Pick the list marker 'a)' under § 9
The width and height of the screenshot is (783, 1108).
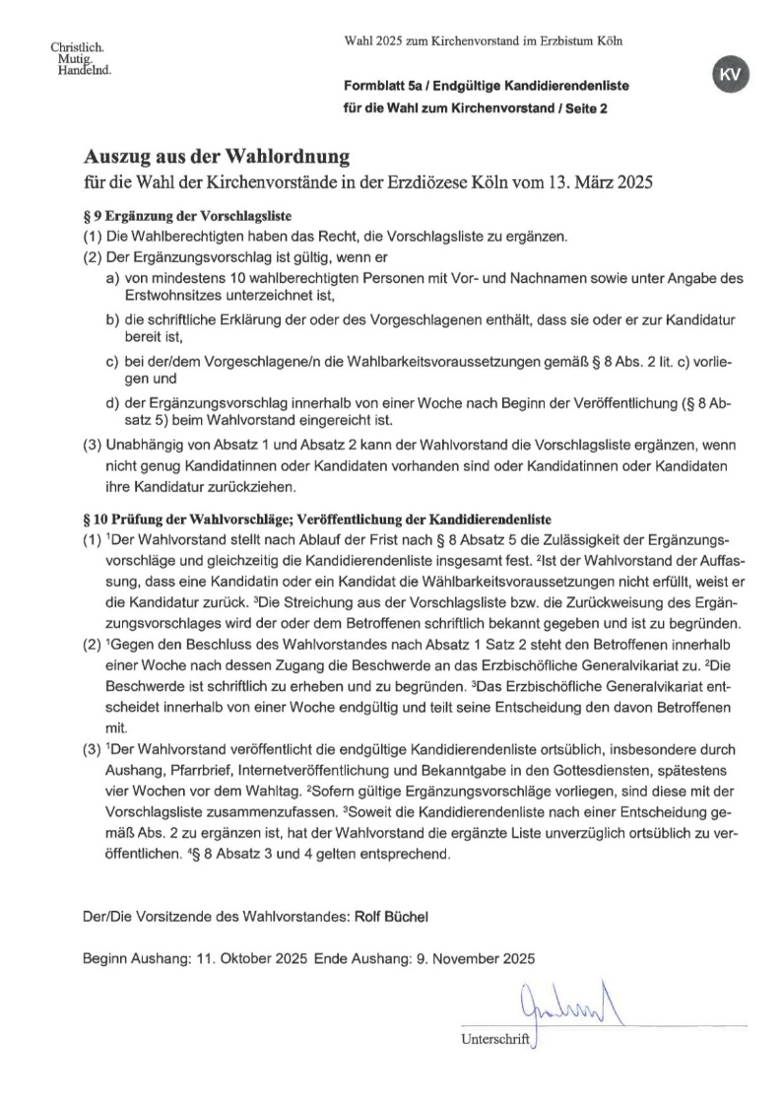tap(112, 279)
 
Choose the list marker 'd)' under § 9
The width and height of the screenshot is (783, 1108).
tap(112, 403)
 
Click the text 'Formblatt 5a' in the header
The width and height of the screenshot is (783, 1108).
tap(379, 87)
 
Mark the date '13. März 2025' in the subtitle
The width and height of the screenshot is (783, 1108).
tap(596, 183)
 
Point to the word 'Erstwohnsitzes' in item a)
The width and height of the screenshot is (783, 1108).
tap(174, 296)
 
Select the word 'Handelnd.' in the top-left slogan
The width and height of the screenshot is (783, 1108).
tap(84, 70)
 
